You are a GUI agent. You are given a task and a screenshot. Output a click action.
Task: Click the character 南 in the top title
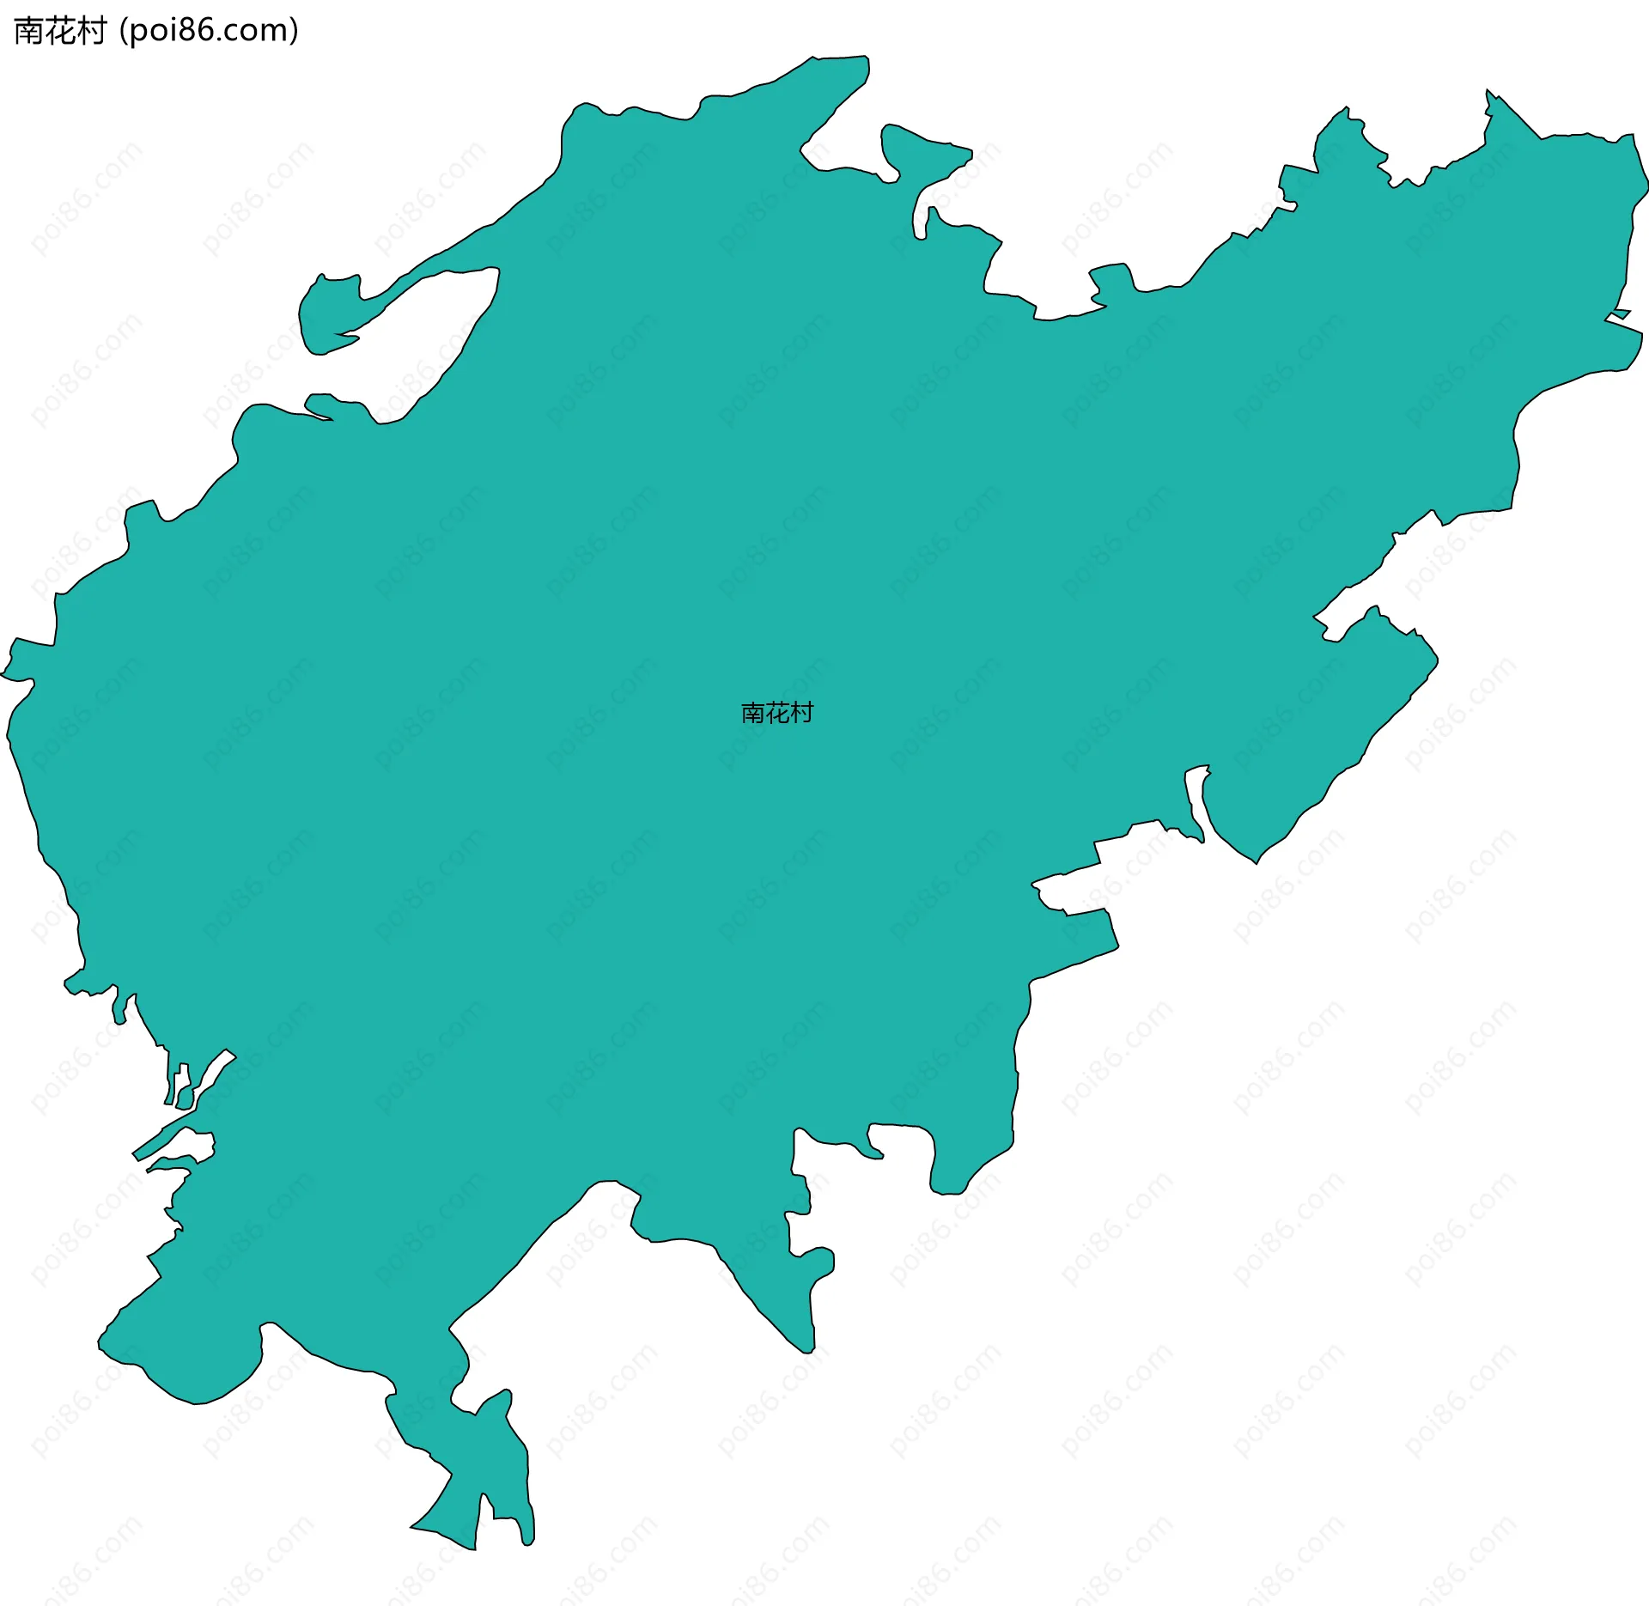point(29,31)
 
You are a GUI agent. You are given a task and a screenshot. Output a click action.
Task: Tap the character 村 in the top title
point(91,31)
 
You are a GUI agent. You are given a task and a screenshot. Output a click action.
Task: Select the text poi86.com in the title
point(209,31)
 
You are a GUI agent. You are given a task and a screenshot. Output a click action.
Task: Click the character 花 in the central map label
point(777,713)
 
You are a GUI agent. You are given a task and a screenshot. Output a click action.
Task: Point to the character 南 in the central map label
point(753,713)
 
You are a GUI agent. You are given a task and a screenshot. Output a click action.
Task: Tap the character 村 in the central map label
point(802,713)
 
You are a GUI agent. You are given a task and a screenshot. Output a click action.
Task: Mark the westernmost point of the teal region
point(3,674)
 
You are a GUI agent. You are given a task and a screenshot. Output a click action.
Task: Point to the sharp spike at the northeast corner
point(1488,93)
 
